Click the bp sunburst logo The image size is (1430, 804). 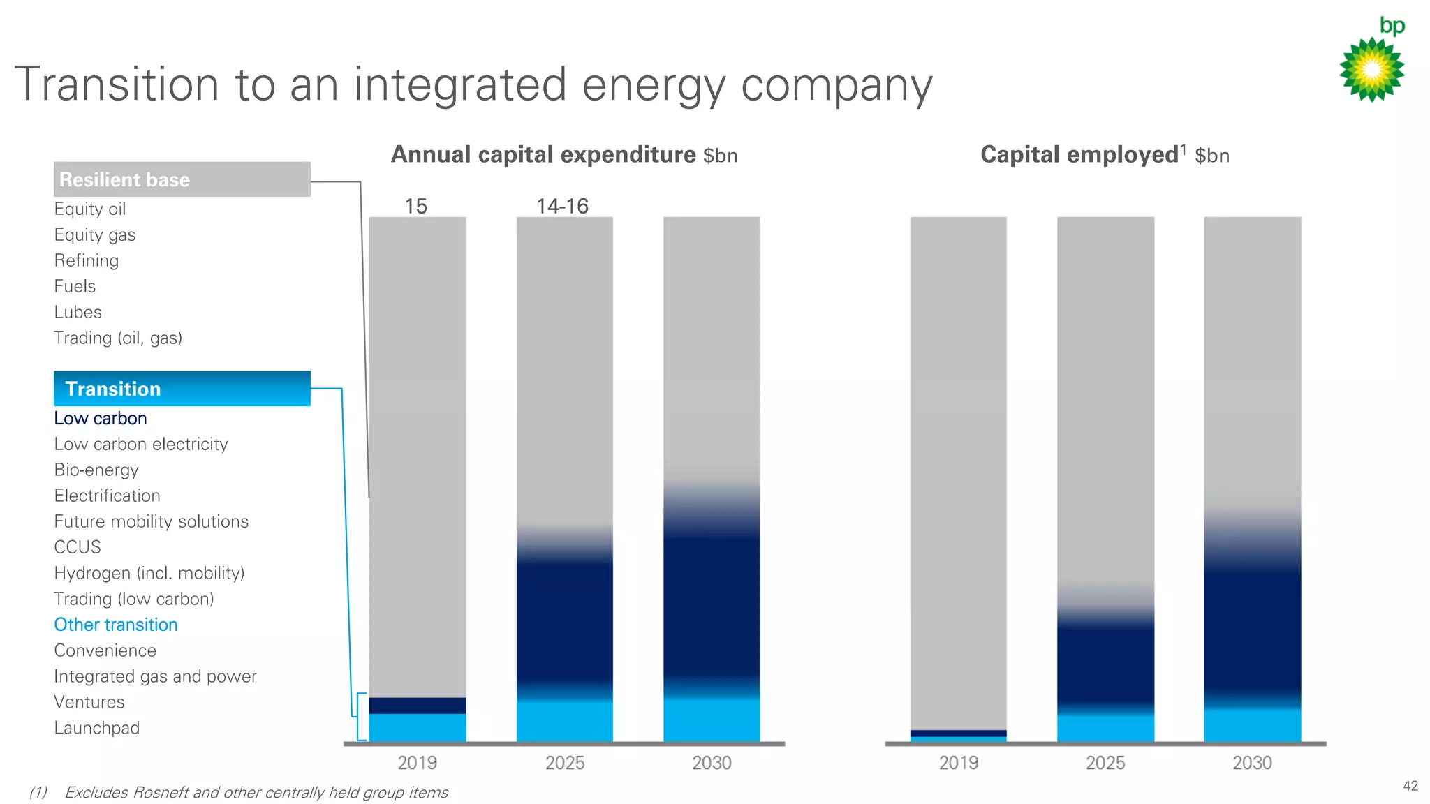pyautogui.click(x=1371, y=69)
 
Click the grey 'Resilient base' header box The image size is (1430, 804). pyautogui.click(x=182, y=179)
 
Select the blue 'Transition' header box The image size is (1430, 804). pyautogui.click(x=182, y=389)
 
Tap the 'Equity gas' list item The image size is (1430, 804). pyautogui.click(x=95, y=235)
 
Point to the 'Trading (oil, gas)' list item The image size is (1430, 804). pyautogui.click(x=118, y=338)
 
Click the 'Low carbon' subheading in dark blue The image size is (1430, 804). pyautogui.click(x=101, y=419)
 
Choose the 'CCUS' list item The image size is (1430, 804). pyautogui.click(x=78, y=547)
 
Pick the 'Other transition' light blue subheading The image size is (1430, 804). pyautogui.click(x=116, y=625)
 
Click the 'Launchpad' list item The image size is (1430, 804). pyautogui.click(x=97, y=728)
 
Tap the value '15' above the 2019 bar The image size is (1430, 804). pyautogui.click(x=416, y=207)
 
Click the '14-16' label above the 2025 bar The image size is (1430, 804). pyautogui.click(x=563, y=207)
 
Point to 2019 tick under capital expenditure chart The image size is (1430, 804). pyautogui.click(x=418, y=763)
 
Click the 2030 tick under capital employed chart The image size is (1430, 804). pyautogui.click(x=1252, y=763)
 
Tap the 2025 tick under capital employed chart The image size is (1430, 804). pyautogui.click(x=1105, y=763)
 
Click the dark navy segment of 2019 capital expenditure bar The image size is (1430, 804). pyautogui.click(x=418, y=706)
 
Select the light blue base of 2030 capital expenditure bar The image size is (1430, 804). pyautogui.click(x=712, y=720)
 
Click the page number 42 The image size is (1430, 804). pyautogui.click(x=1410, y=786)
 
